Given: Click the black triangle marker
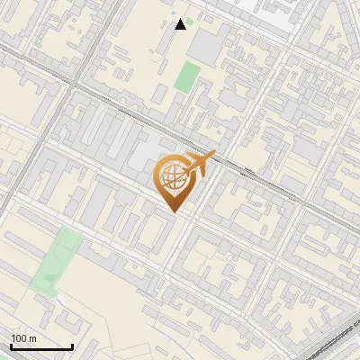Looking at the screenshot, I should (181, 24).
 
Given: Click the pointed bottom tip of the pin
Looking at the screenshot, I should (175, 211).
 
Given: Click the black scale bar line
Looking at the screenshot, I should (41, 347).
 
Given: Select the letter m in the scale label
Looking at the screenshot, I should (33, 338).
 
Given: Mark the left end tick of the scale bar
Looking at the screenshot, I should (11, 346).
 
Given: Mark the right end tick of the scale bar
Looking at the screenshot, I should (72, 346).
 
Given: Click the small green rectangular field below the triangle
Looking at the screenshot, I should (187, 76).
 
